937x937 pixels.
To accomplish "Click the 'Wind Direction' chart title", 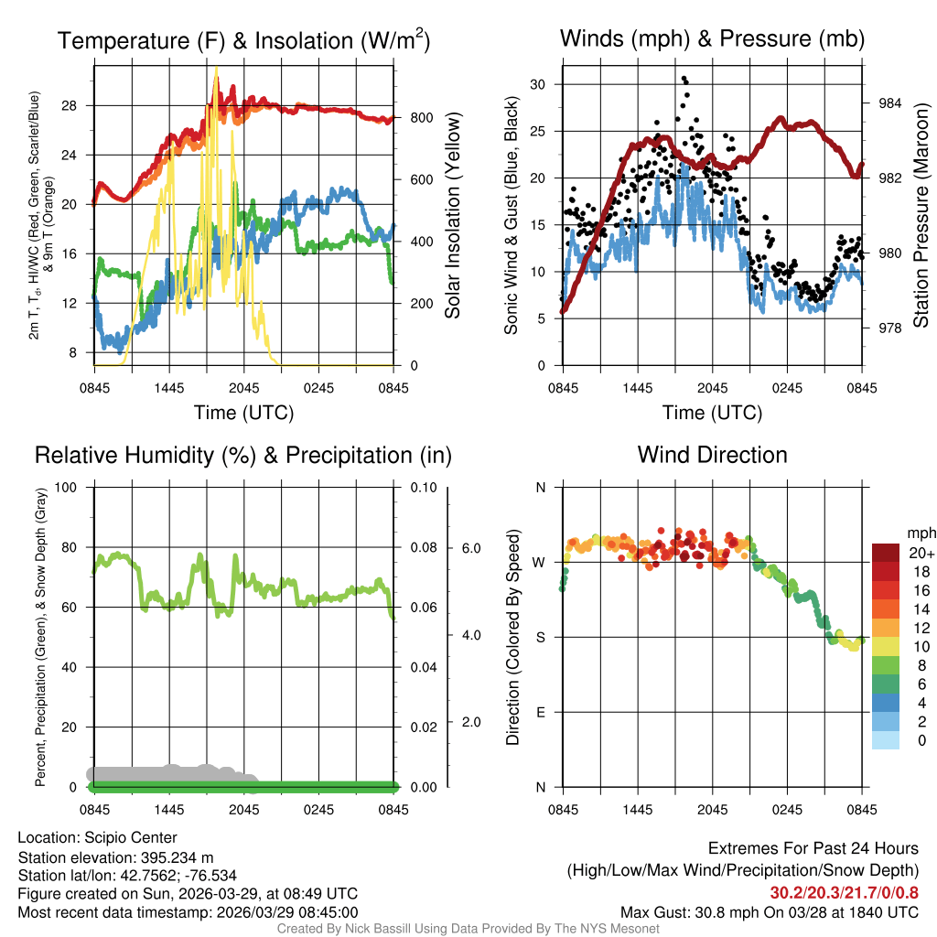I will click(x=712, y=455).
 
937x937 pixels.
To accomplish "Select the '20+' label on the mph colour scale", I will click(x=916, y=553).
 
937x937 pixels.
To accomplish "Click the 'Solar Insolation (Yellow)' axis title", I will click(x=453, y=216).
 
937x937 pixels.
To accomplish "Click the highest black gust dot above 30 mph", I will click(x=684, y=80).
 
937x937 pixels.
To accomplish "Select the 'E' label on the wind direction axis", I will click(x=541, y=712).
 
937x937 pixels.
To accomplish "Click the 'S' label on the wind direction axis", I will click(x=541, y=637).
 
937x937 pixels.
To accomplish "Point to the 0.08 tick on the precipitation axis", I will click(x=422, y=548).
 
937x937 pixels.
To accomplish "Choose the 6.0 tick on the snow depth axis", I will click(x=469, y=548).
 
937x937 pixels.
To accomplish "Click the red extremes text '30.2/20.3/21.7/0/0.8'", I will click(x=844, y=893).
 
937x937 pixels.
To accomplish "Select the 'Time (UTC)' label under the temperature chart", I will click(x=243, y=413).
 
